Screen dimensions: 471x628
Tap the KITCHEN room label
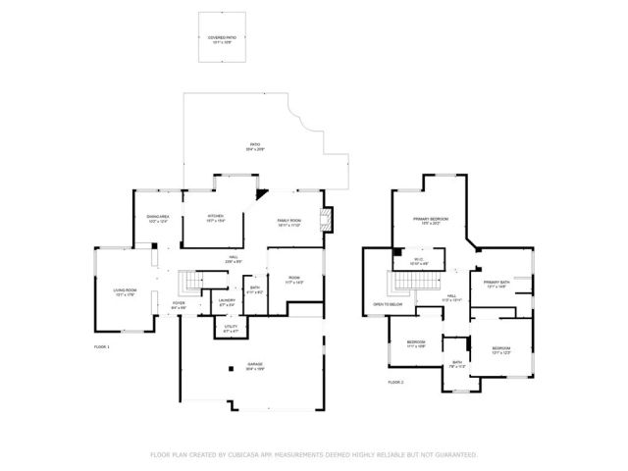(216, 217)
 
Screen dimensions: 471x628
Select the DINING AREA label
(158, 217)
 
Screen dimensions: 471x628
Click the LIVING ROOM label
(125, 290)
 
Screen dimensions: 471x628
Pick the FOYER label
(179, 304)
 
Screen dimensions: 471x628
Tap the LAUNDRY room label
(226, 302)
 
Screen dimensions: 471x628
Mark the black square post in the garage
(231, 368)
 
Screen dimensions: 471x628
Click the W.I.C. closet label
(418, 262)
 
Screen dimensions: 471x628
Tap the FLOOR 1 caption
(102, 347)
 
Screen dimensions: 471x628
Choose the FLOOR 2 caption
(395, 381)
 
